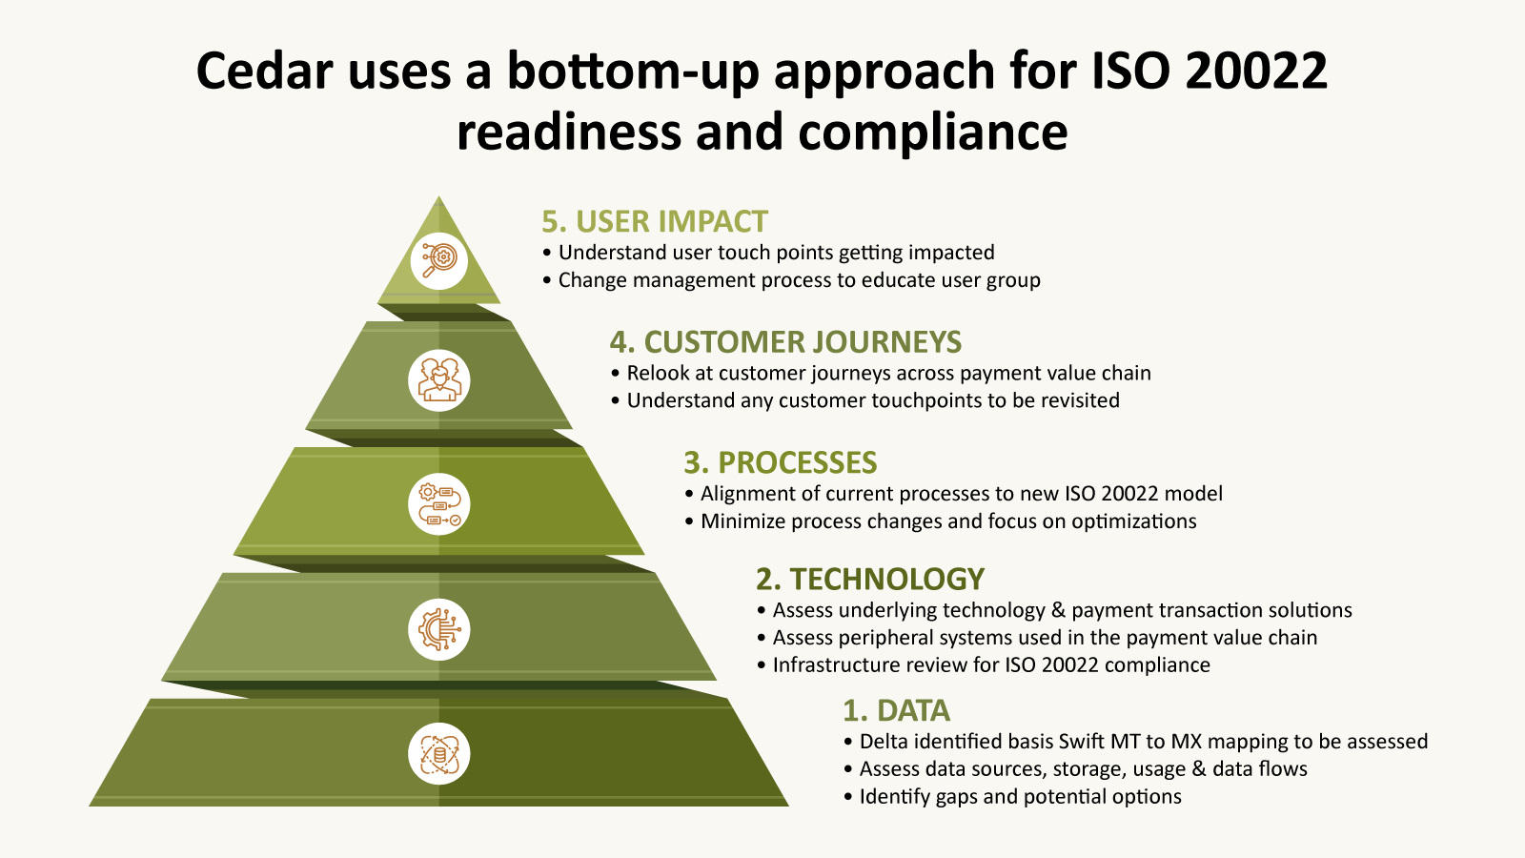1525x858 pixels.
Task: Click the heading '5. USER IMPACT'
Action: [655, 222]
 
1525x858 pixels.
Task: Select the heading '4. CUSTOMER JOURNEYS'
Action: [785, 342]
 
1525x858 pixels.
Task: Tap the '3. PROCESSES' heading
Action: [781, 462]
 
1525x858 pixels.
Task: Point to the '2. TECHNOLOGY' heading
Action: [870, 579]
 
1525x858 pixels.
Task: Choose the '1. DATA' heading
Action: [896, 710]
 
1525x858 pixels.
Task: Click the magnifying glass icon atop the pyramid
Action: [439, 261]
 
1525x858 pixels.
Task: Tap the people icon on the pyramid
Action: [439, 380]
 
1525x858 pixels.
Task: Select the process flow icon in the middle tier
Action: [439, 504]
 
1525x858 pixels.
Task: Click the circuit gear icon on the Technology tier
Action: [439, 629]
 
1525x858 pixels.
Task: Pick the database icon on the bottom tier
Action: [439, 754]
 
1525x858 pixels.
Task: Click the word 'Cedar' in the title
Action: [265, 71]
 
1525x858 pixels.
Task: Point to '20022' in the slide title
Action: [1257, 71]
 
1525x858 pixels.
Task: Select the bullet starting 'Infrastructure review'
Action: [984, 664]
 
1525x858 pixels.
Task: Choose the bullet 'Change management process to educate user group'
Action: [792, 280]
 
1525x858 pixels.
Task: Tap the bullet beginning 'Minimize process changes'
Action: [940, 521]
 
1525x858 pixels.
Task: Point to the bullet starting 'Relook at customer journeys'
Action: [881, 373]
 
